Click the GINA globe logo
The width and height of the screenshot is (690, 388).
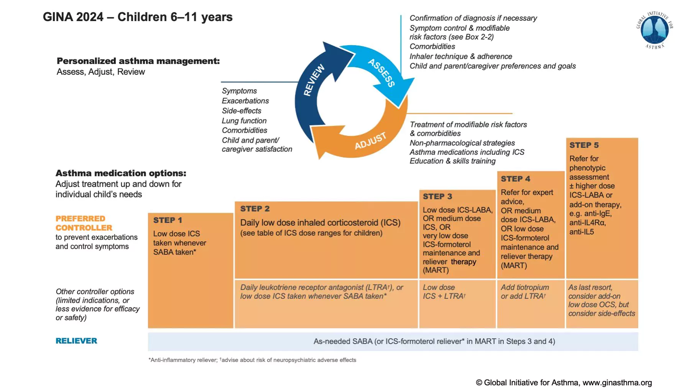[655, 30]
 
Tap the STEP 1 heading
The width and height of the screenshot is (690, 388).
[168, 220]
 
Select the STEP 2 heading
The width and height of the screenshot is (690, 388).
[255, 209]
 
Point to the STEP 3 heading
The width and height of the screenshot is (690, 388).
[437, 197]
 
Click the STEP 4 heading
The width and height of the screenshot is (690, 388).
[516, 179]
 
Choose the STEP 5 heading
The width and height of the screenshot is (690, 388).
[584, 145]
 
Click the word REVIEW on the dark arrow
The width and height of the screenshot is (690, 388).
[314, 80]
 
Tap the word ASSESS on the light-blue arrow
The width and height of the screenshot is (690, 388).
[381, 73]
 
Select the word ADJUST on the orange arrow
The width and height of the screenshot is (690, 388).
[370, 141]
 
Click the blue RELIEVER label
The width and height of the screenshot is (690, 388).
[76, 341]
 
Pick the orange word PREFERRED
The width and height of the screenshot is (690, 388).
[80, 219]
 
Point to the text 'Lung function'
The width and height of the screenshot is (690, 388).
[244, 121]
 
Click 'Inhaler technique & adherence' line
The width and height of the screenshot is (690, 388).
[461, 56]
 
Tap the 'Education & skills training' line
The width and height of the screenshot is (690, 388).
[453, 161]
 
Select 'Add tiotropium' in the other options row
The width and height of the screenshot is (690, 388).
[525, 288]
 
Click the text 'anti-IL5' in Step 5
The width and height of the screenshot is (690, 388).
[582, 232]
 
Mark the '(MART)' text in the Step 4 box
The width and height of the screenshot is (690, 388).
[514, 266]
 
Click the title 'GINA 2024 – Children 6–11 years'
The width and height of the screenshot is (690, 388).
[138, 17]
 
